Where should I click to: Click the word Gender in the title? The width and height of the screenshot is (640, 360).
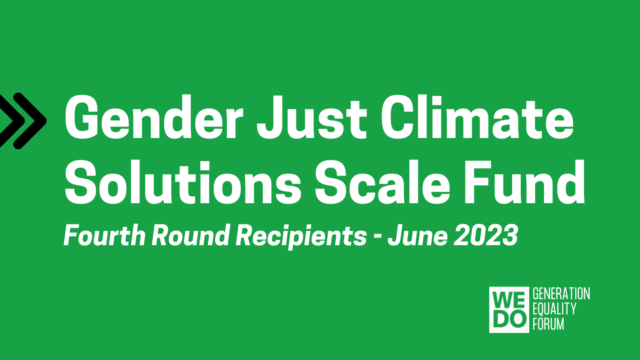[x=154, y=117]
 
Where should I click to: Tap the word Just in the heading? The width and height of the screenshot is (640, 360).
[x=311, y=117]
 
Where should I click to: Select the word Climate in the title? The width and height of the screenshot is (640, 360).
[x=477, y=117]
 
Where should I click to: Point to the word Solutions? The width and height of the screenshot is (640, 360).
[x=183, y=182]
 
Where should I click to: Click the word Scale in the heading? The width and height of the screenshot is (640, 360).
[x=382, y=182]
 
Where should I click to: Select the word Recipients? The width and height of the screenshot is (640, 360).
[x=301, y=236]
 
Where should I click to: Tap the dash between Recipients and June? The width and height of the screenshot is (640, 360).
[x=378, y=238]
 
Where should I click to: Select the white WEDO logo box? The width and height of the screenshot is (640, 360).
[x=509, y=310]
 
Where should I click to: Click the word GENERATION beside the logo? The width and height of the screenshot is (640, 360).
[x=561, y=294]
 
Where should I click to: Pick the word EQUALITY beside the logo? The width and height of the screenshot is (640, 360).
[x=554, y=309]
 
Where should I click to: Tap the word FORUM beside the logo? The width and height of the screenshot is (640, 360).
[x=548, y=324]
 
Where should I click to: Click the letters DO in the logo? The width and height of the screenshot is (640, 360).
[x=509, y=319]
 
